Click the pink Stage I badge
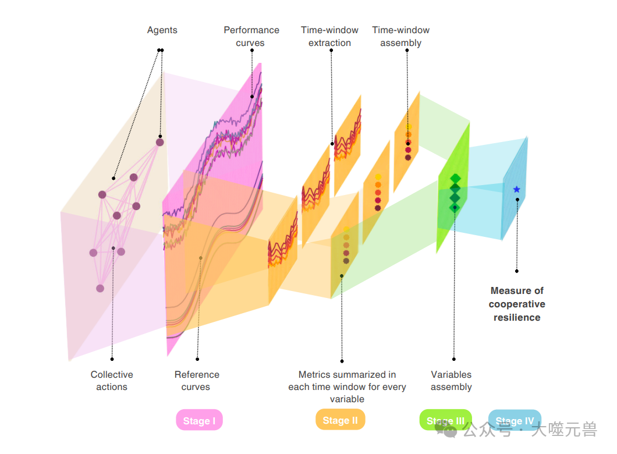coord(199,421)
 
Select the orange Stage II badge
coord(340,420)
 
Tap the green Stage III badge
coord(445,421)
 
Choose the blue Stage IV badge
coord(515,421)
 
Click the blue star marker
coord(516,189)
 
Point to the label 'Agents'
coord(162,30)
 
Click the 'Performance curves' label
coord(251,36)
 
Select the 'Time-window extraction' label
coord(329,36)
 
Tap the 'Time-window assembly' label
coord(400,36)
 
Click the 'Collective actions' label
coord(112,381)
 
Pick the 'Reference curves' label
coord(197,381)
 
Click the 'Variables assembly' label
coord(451,381)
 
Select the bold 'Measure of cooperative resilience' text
coord(517,304)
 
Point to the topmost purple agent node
coord(159,142)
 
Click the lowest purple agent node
coord(100,288)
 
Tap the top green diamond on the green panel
coord(455,178)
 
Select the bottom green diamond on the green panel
coord(455,207)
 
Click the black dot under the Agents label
coord(161,50)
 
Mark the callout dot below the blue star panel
coord(516,271)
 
